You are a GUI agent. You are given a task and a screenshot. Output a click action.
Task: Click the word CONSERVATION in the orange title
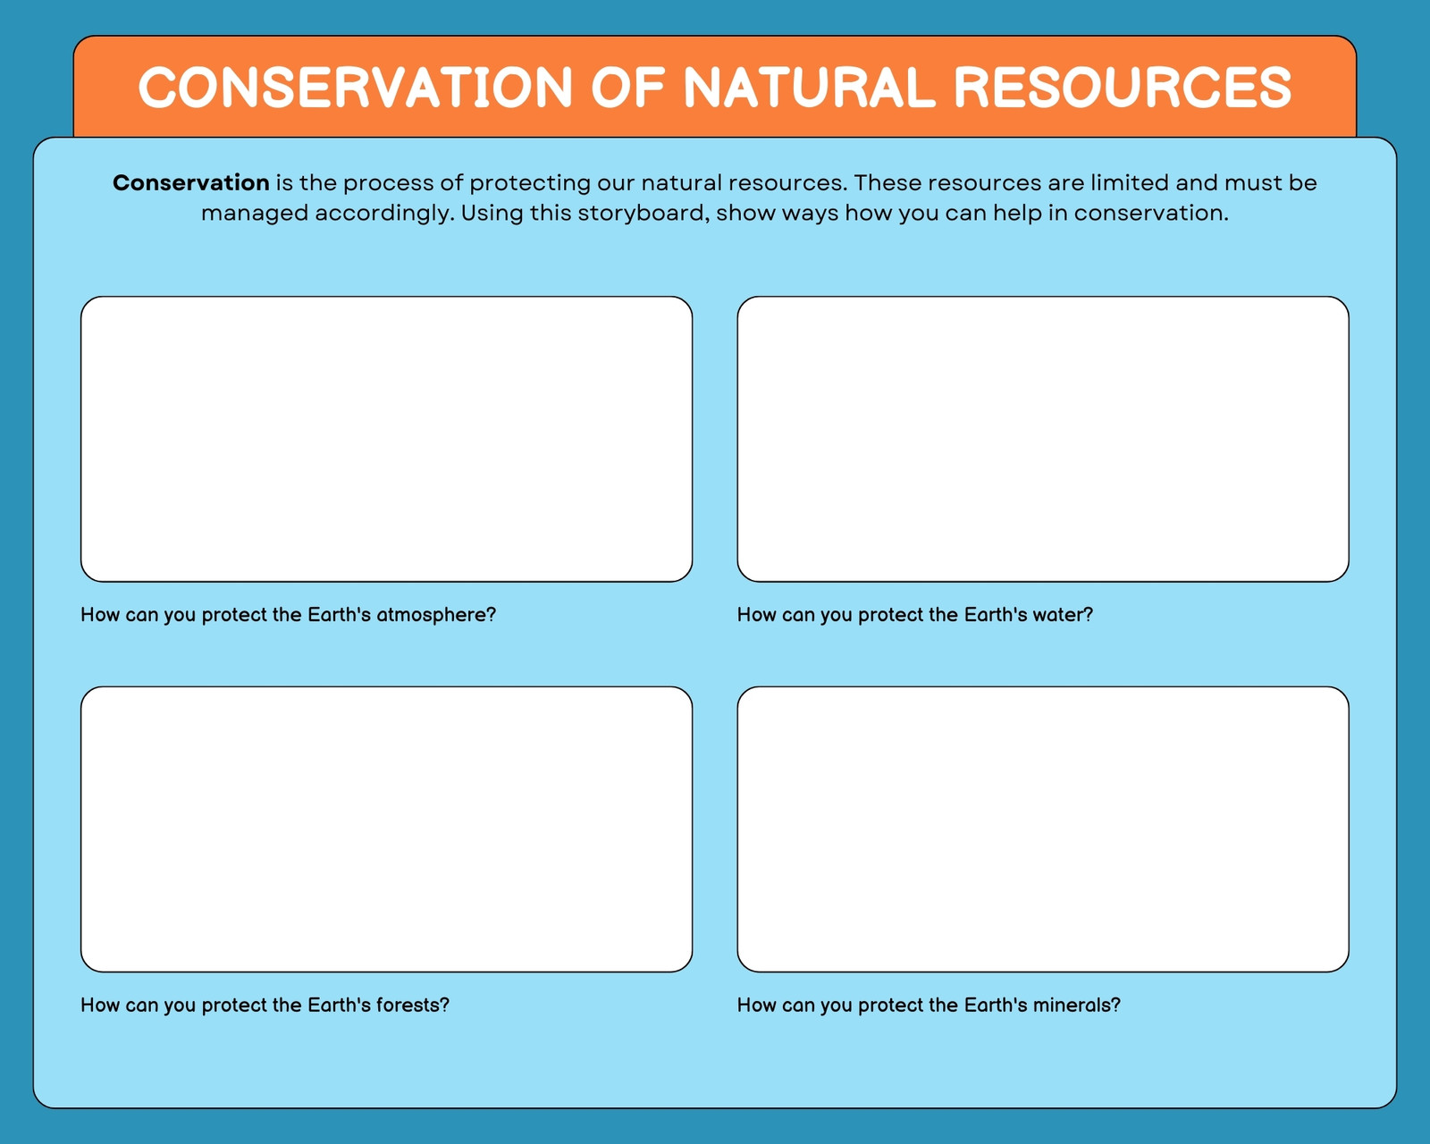click(x=355, y=87)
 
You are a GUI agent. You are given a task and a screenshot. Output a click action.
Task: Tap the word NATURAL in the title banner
click(x=810, y=87)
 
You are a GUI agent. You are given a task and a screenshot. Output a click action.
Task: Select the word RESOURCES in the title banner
click(x=1123, y=87)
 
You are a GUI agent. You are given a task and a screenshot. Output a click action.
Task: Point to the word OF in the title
click(x=628, y=87)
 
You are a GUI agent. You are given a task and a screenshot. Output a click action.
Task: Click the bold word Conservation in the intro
click(x=190, y=182)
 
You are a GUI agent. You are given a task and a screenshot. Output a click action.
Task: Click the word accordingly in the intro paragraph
click(x=383, y=214)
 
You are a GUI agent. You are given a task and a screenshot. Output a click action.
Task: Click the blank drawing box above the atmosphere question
click(x=387, y=440)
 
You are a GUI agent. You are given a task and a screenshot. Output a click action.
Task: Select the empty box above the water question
click(x=1043, y=440)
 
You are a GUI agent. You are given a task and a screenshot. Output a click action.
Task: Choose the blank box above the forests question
click(x=387, y=829)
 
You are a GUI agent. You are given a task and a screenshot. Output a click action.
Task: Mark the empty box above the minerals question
click(x=1043, y=829)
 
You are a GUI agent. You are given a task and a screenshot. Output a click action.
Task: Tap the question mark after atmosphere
click(x=492, y=615)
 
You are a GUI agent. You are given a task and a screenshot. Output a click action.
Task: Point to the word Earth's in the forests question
click(x=339, y=1005)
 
